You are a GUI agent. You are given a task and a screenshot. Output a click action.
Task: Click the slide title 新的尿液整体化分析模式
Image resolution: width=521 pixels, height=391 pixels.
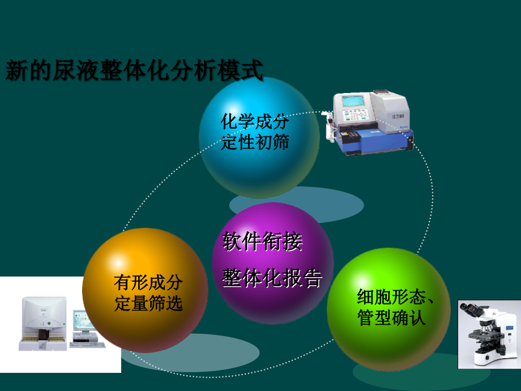(x=135, y=72)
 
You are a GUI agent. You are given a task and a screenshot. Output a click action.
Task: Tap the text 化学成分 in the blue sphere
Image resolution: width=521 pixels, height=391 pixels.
(x=255, y=122)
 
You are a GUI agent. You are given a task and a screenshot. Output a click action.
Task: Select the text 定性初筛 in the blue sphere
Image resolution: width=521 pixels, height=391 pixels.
(x=255, y=142)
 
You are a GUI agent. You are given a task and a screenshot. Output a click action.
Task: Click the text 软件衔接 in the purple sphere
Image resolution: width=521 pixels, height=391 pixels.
(x=262, y=242)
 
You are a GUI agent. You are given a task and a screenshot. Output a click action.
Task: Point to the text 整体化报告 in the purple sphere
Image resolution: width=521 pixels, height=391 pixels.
(x=272, y=278)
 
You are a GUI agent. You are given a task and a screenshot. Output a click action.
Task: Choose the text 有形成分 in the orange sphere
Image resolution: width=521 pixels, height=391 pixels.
(x=148, y=282)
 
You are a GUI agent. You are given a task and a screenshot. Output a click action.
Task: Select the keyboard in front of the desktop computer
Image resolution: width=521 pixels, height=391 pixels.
(x=87, y=344)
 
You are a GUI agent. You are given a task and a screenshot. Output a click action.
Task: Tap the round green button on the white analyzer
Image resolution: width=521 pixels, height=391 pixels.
(x=49, y=324)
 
